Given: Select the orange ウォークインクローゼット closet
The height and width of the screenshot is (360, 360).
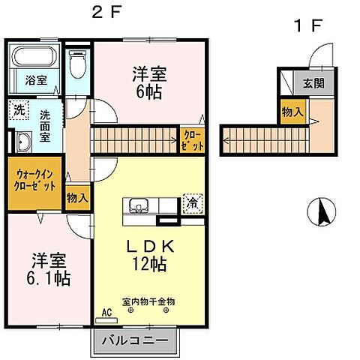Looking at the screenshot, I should pos(35,181).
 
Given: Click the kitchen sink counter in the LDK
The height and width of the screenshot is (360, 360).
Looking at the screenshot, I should pos(147,207).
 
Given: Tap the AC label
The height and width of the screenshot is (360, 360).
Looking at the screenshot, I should pos(106,310).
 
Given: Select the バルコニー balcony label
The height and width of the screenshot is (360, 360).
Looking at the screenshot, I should pos(136,342).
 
